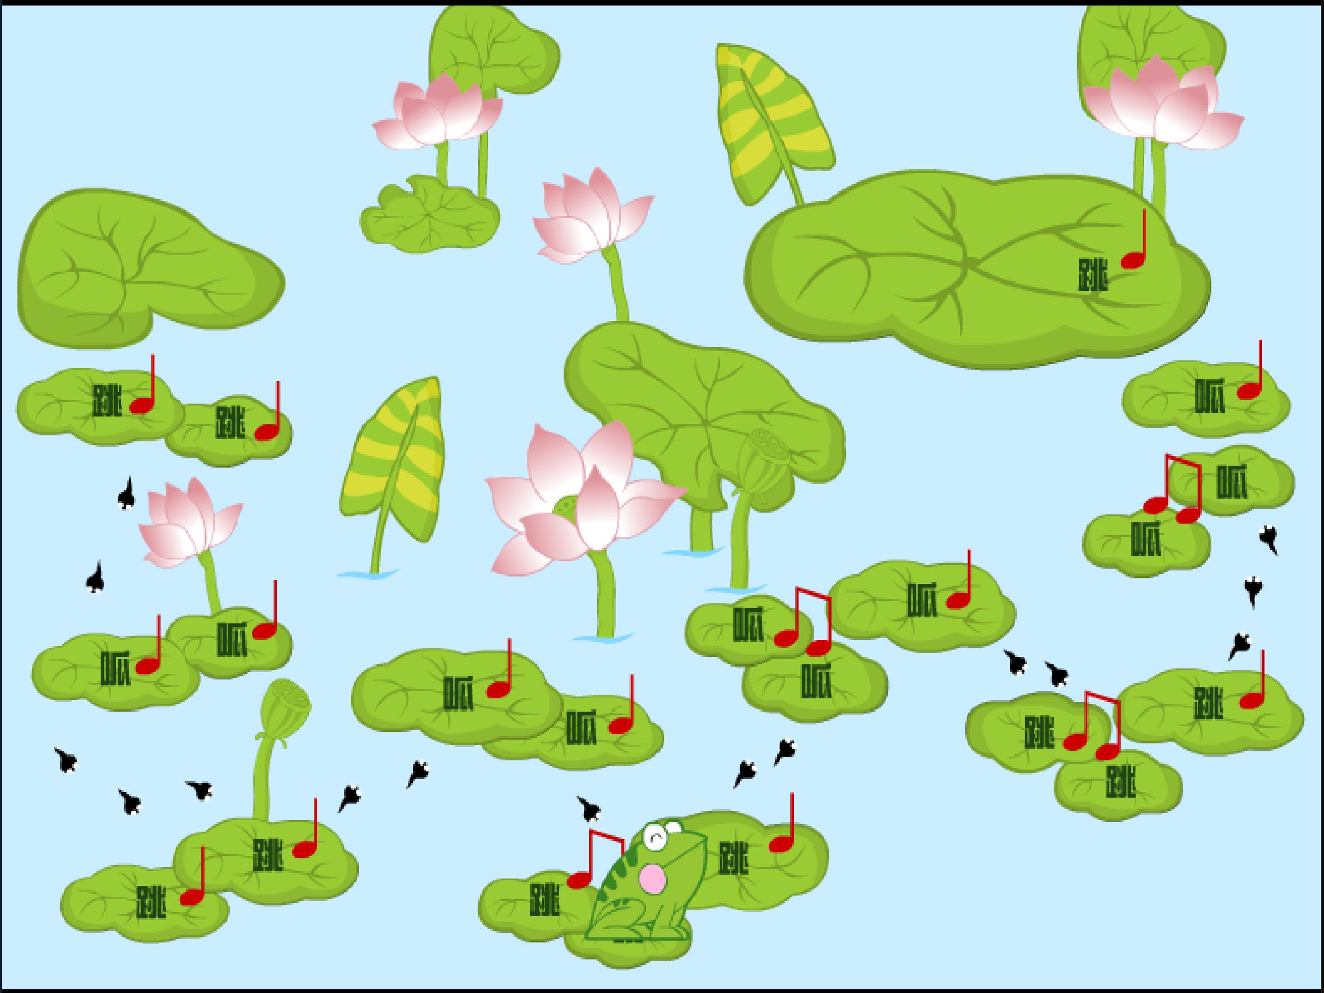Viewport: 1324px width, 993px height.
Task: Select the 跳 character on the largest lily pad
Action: [1093, 275]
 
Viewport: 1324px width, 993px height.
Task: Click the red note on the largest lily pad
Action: [1134, 240]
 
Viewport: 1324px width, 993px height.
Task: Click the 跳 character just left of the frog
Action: [545, 900]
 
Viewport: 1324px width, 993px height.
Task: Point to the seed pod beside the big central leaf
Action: [762, 461]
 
